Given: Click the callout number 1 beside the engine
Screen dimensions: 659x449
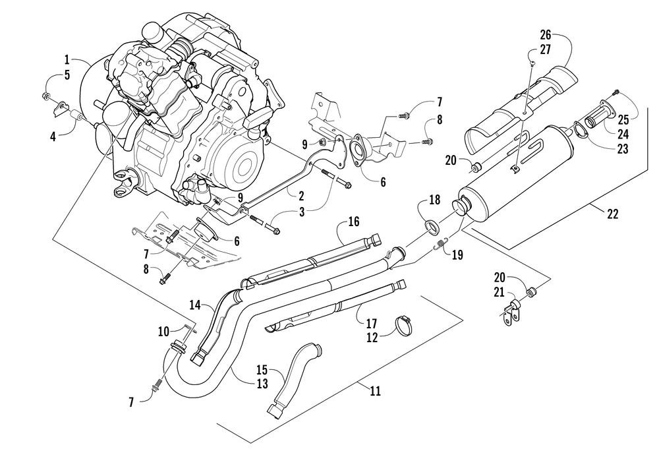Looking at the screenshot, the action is click(67, 59).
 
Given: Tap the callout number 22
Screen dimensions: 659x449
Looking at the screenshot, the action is click(613, 214).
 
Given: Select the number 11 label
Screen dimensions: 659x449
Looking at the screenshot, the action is click(376, 392).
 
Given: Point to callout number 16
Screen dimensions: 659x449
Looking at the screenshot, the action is click(354, 221).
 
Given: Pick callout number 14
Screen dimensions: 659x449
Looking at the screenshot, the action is click(196, 305).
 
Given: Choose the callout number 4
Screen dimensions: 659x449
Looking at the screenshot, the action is click(53, 137).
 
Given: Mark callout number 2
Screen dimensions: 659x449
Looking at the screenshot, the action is click(301, 196).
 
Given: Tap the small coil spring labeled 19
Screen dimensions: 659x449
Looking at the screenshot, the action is click(440, 244).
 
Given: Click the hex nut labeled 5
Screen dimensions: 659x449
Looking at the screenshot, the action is click(46, 96).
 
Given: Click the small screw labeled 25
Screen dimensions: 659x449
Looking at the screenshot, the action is click(617, 92).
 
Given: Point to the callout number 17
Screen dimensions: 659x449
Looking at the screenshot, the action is click(371, 324).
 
